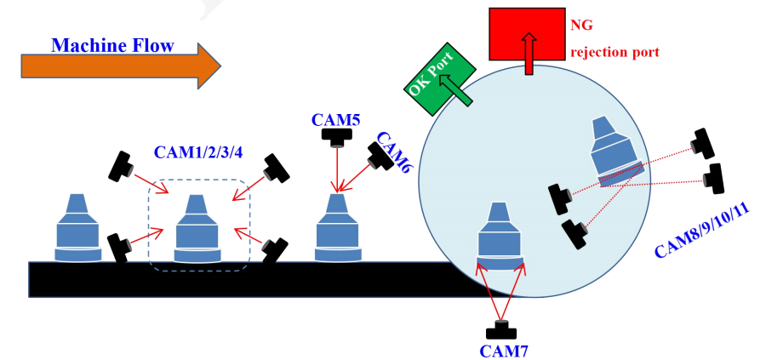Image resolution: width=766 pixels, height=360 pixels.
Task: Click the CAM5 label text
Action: click(x=336, y=118)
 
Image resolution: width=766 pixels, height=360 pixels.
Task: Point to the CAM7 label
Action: click(x=502, y=348)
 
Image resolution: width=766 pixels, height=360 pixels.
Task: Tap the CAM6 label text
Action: click(x=393, y=153)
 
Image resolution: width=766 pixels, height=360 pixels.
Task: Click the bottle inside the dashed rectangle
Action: click(x=197, y=230)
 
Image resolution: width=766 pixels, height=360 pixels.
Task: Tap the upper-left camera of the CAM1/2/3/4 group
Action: click(x=122, y=165)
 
